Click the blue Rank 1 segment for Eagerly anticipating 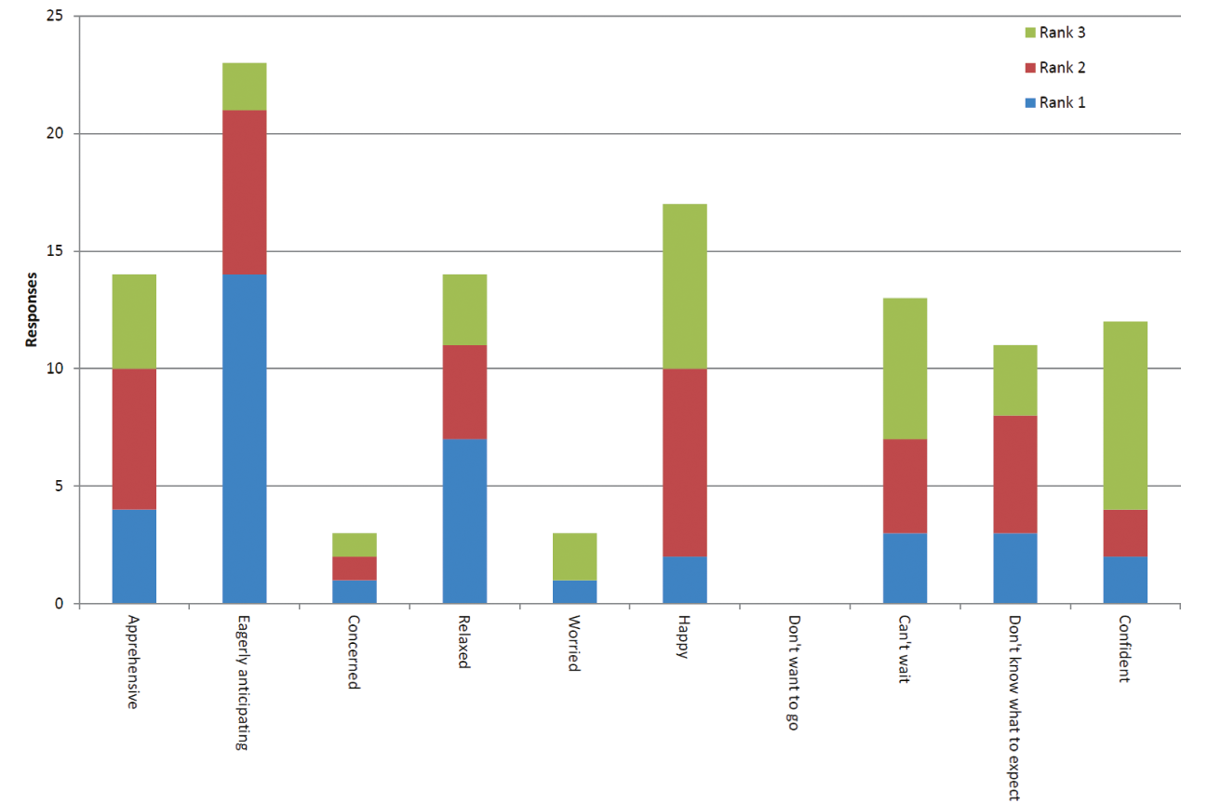coord(244,438)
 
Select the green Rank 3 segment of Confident coord(1124,415)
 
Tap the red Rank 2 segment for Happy coord(684,462)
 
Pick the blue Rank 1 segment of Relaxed coord(464,521)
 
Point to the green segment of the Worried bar coord(574,556)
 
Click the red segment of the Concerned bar coord(354,568)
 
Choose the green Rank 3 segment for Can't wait coord(904,368)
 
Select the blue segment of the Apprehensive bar coord(134,555)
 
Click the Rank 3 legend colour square coord(1029,33)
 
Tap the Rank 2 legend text coord(1062,68)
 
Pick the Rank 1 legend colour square coord(1029,103)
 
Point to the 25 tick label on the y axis coord(55,17)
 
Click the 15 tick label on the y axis coord(55,251)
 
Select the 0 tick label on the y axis coord(60,604)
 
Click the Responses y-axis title coord(32,310)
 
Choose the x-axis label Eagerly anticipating coord(244,682)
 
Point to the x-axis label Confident coord(1124,649)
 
